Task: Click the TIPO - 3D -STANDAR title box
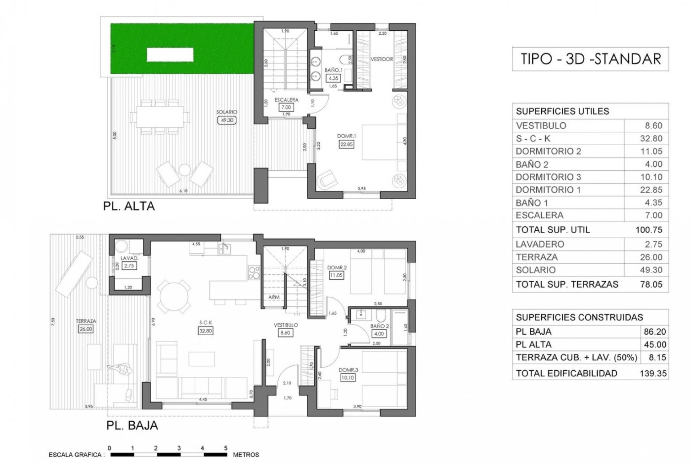point(590,59)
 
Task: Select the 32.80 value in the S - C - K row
point(651,139)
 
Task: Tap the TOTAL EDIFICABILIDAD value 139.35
point(653,373)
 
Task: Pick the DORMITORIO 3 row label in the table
point(548,177)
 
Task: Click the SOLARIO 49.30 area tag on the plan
point(227,120)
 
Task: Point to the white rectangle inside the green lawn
point(170,55)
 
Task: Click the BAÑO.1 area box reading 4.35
point(333,78)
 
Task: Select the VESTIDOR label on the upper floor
point(382,59)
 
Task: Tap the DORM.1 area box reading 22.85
point(346,144)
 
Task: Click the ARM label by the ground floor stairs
point(274,297)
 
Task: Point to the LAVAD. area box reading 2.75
point(129,266)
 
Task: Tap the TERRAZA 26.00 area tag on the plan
point(86,329)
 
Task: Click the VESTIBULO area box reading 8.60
point(285,333)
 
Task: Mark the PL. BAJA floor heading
point(132,425)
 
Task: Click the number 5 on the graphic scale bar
point(226,448)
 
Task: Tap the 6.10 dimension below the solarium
point(183,191)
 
